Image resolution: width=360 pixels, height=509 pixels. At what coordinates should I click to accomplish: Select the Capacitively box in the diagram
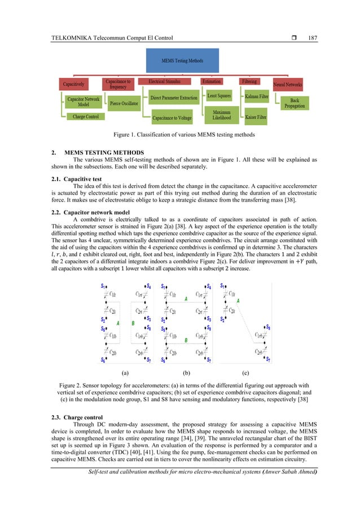point(74,84)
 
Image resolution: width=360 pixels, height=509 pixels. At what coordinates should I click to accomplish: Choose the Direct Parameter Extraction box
point(174,98)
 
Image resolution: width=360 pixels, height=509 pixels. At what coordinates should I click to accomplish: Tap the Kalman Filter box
point(256,97)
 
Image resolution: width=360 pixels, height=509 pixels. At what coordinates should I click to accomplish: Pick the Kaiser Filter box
point(256,118)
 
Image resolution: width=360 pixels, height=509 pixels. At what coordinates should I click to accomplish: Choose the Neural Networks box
point(288,85)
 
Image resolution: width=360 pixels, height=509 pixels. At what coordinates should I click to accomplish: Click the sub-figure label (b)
point(186,373)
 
